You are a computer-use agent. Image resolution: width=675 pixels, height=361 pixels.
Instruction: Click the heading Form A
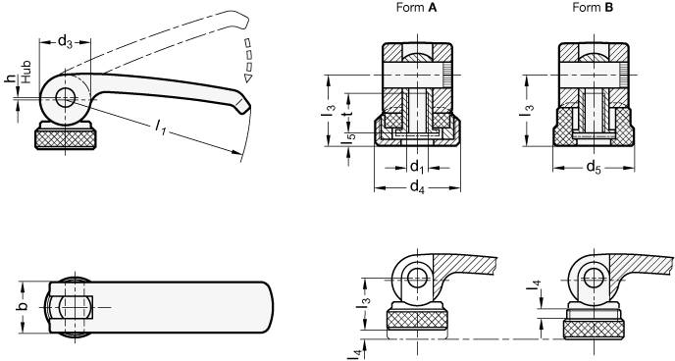pyautogui.click(x=413, y=8)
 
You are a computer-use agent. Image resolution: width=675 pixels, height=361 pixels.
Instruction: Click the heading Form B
pyautogui.click(x=593, y=8)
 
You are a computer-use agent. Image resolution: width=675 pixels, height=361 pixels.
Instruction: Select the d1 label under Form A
pyautogui.click(x=416, y=165)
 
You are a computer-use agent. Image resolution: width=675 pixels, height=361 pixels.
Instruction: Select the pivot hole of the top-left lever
pyautogui.click(x=67, y=98)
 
